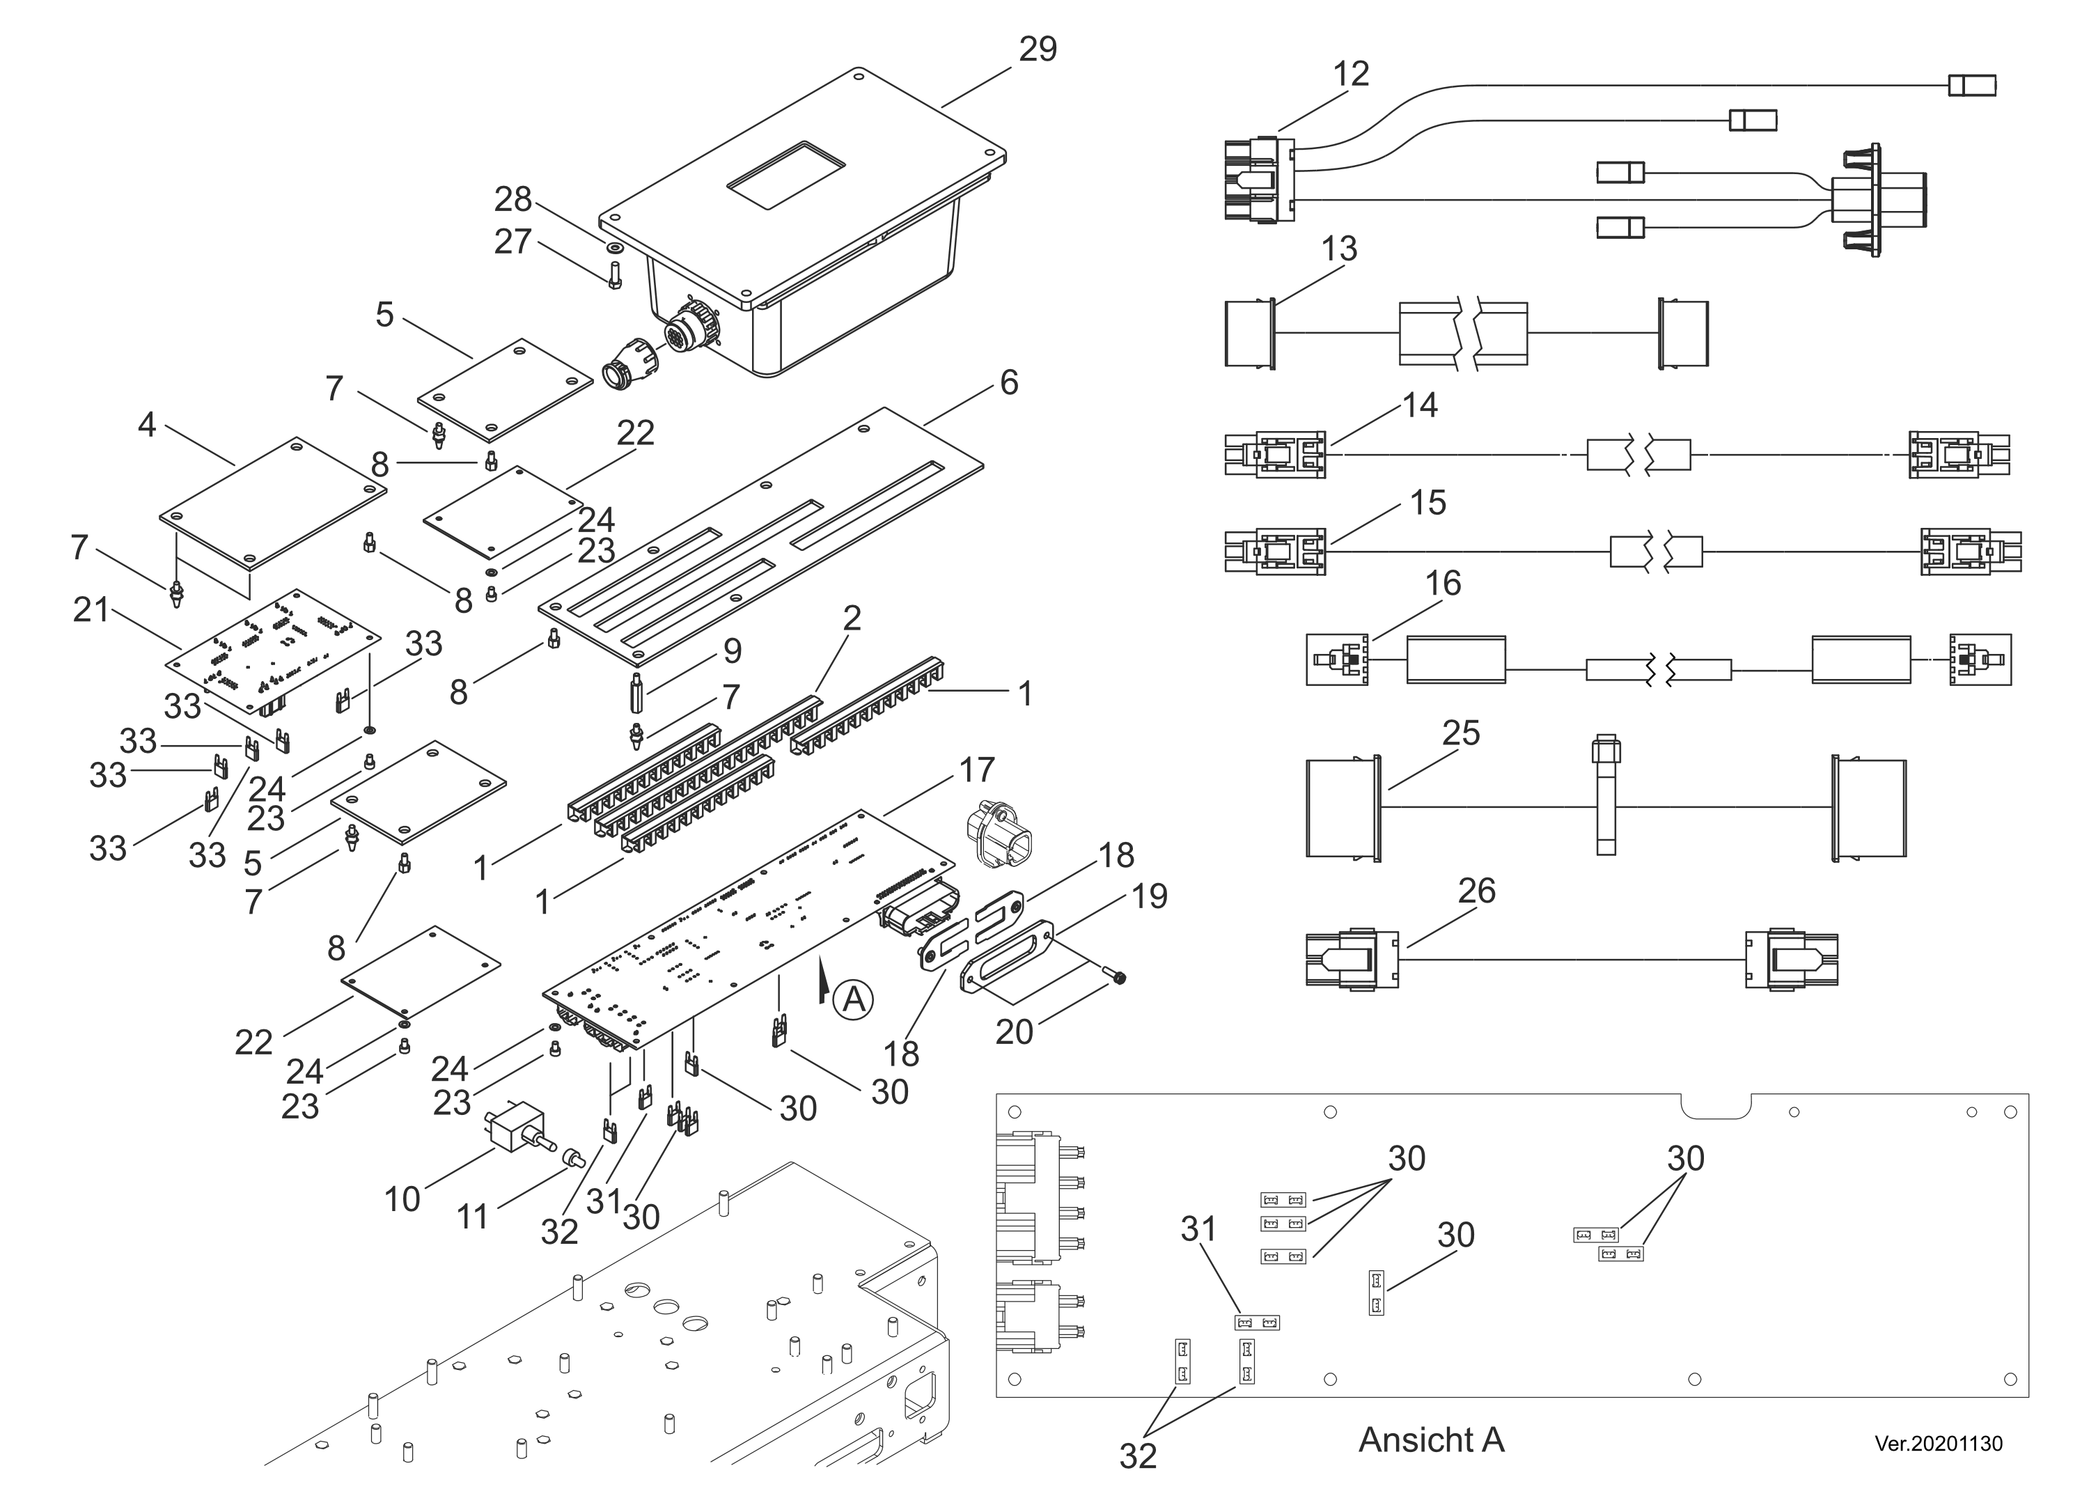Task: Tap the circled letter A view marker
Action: [853, 999]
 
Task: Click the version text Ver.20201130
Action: [1938, 1444]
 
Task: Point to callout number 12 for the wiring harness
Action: [1350, 74]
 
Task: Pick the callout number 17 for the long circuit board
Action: [976, 770]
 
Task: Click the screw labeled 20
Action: [1116, 976]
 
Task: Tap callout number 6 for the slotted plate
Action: [1008, 382]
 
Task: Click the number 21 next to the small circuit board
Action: [91, 610]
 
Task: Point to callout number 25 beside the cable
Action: [1461, 733]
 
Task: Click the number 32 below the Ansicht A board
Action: [1138, 1456]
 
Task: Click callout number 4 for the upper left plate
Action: [146, 425]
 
